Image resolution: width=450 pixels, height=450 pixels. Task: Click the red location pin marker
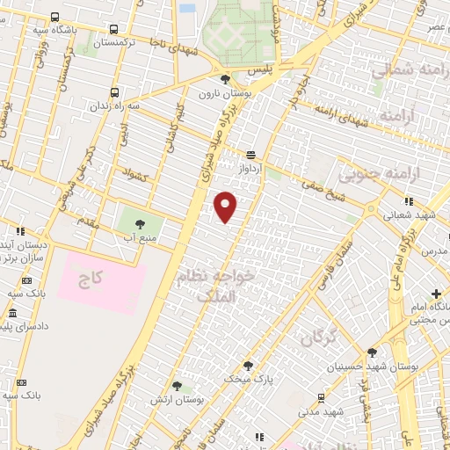pyautogui.click(x=226, y=206)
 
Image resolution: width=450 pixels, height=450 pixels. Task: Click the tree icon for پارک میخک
pyautogui.click(x=247, y=366)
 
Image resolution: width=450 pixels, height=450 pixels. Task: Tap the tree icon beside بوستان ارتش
pyautogui.click(x=177, y=386)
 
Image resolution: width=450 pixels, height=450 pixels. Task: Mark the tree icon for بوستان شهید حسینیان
pyautogui.click(x=372, y=352)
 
